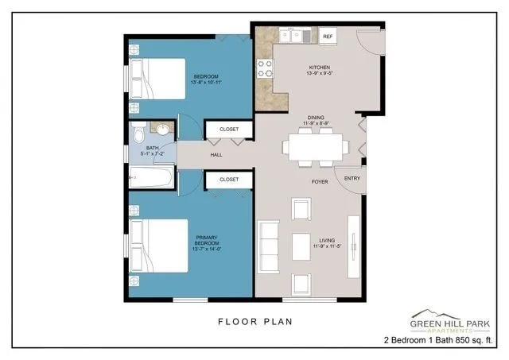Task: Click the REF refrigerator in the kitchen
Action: point(328,37)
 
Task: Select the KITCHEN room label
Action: point(319,68)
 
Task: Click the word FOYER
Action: point(320,182)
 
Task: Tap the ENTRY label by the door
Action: point(352,179)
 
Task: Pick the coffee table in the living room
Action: point(301,246)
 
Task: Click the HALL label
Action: point(216,155)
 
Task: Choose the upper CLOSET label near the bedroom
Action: point(229,128)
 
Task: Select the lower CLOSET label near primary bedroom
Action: point(229,180)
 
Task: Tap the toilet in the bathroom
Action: point(137,133)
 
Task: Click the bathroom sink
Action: point(163,130)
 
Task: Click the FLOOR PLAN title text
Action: point(254,322)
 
